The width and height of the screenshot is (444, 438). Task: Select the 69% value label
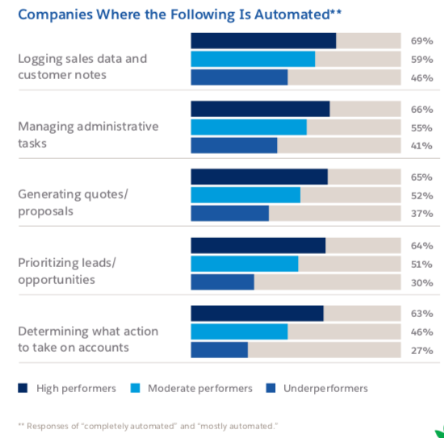tap(422, 40)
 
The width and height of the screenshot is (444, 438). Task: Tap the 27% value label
tap(422, 350)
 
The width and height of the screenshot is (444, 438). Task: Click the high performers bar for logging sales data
tap(262, 41)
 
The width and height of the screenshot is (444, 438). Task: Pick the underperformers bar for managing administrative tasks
tap(233, 145)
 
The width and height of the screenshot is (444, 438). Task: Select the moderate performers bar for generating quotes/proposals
tap(245, 194)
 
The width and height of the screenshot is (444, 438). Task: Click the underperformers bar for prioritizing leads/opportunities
tap(222, 282)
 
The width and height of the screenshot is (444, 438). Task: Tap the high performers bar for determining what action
tap(256, 313)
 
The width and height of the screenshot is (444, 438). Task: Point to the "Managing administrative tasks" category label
tap(88, 135)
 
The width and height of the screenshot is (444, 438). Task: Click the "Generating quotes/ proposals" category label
tap(73, 202)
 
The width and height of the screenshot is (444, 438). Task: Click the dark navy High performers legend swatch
tap(23, 388)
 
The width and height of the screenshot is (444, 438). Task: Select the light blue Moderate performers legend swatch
tap(135, 388)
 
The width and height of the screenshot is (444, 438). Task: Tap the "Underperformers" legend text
tap(325, 388)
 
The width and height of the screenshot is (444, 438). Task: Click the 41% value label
tap(422, 145)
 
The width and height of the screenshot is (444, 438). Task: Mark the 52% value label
tap(422, 195)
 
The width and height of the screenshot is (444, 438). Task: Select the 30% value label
tap(422, 282)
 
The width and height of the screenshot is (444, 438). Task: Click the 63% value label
tap(422, 313)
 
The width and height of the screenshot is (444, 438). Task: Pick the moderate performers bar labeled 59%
tap(252, 59)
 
